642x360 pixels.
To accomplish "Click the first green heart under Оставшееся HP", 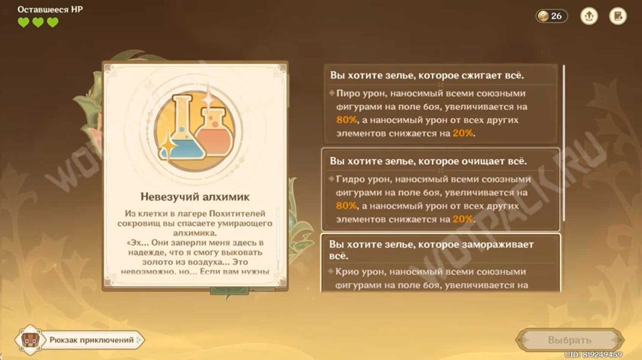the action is pos(24,22).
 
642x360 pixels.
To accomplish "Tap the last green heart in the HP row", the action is pos(53,22).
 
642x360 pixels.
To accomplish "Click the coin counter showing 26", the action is pos(552,16).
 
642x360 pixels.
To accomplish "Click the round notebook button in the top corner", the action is pos(618,16).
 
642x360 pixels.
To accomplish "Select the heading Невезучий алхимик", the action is pos(195,197).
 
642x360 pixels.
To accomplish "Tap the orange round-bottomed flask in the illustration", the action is pos(215,133).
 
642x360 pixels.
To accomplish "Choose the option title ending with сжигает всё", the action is pos(427,75).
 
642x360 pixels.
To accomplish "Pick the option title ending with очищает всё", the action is pos(428,161).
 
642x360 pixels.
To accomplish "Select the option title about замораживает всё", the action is pos(431,250).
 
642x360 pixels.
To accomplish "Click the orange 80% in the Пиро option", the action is pos(347,120).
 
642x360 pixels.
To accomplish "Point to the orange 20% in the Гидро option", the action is pos(463,219).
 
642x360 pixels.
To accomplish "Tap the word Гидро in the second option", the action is pos(350,179).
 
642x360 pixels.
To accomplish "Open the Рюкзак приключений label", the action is pos(91,340).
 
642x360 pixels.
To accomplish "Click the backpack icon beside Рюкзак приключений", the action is pos(29,340).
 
